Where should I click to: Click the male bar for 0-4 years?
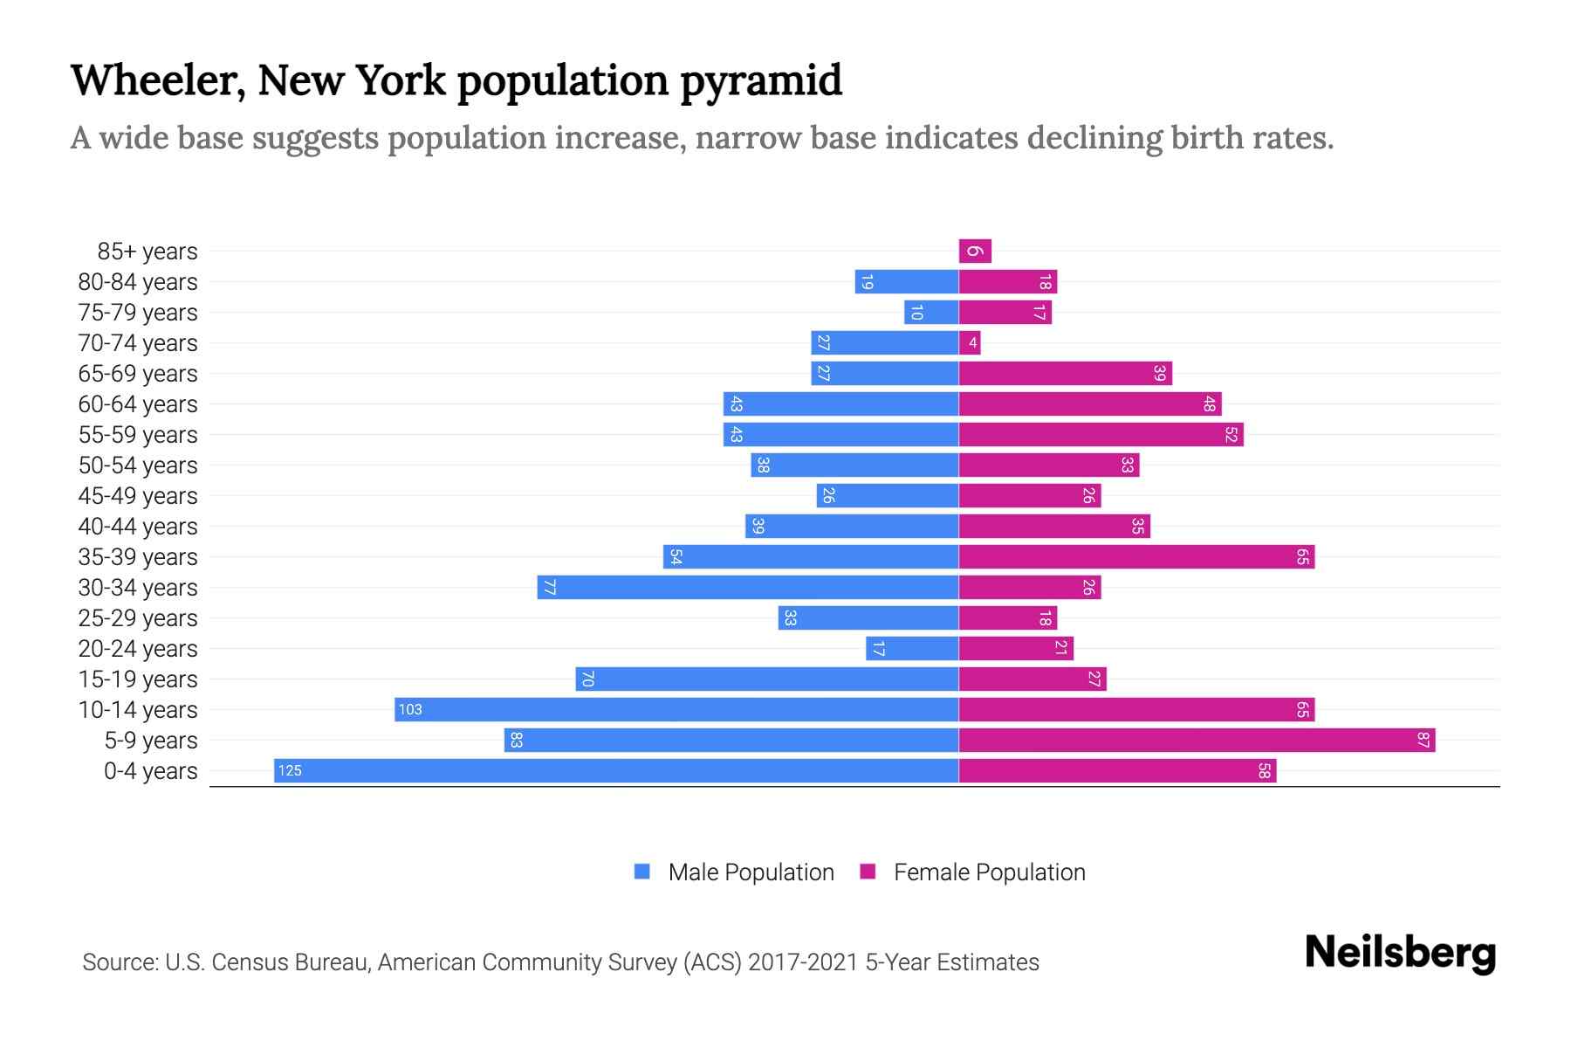click(x=616, y=770)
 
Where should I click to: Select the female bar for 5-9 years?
click(x=1197, y=741)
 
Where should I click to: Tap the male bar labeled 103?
click(x=676, y=710)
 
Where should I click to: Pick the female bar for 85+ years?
click(x=975, y=252)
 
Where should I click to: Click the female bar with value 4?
click(x=970, y=343)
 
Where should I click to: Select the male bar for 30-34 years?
click(x=748, y=588)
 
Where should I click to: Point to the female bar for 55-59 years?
click(x=1101, y=435)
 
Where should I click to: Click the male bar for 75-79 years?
click(x=931, y=313)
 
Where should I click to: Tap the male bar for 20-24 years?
click(x=912, y=649)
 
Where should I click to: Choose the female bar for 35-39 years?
click(x=1136, y=557)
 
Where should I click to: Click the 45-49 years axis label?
click(x=138, y=496)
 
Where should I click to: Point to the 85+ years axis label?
click(x=147, y=252)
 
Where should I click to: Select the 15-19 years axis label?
click(x=138, y=679)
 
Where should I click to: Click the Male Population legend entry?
click(x=734, y=872)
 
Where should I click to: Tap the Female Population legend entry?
click(x=973, y=872)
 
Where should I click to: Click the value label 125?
click(x=290, y=770)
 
